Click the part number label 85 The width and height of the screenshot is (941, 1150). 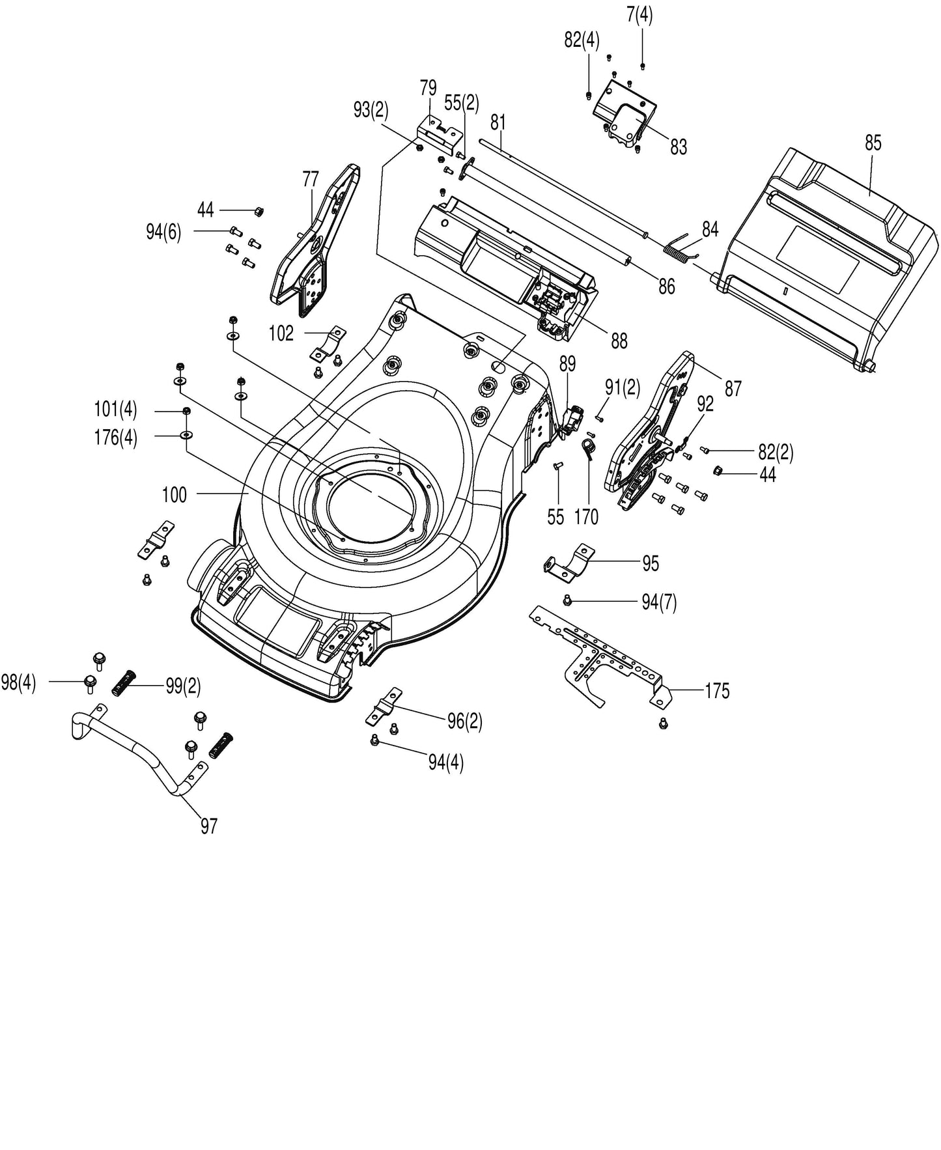point(873,143)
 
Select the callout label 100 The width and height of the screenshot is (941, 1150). point(174,495)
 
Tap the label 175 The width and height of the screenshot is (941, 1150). point(717,691)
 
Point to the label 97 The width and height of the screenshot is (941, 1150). point(208,826)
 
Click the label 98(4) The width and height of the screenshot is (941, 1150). point(19,684)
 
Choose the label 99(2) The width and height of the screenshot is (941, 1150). point(182,686)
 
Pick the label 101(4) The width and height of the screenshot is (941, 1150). point(116,410)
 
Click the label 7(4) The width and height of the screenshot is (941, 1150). point(640,15)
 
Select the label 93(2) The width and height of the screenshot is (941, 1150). point(371,110)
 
